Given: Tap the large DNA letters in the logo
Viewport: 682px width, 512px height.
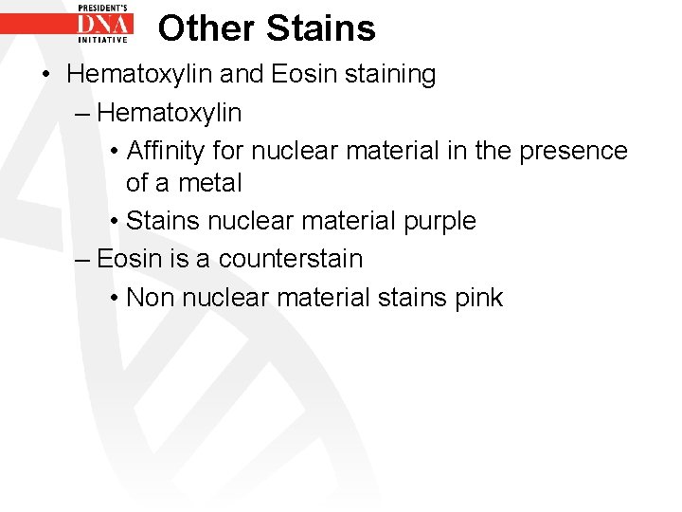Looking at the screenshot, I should click(105, 23).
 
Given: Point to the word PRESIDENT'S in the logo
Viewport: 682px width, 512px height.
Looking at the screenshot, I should click(105, 6).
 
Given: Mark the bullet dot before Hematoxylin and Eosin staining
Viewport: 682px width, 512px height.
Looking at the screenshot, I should click(45, 75).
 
